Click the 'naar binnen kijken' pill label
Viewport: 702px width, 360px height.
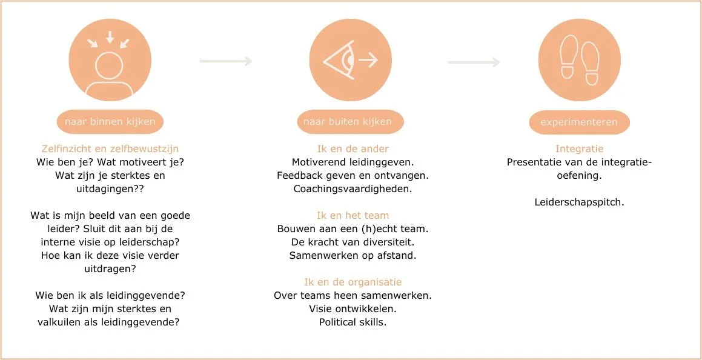[110, 122]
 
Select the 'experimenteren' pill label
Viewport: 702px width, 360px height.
[579, 122]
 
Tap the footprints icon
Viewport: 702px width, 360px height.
[580, 60]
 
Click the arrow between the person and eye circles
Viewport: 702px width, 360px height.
[225, 61]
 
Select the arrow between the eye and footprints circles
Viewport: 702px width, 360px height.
[474, 62]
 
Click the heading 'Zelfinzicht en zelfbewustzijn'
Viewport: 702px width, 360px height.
[110, 148]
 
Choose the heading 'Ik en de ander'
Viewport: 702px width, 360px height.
[353, 148]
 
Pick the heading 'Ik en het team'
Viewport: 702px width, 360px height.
[353, 215]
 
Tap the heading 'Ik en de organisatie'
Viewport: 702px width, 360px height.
[353, 282]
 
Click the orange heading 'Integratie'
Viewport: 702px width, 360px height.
[580, 148]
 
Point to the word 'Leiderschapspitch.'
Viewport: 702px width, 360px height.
[580, 202]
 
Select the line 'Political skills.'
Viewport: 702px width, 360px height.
[353, 322]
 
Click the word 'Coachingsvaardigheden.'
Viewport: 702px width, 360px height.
[353, 188]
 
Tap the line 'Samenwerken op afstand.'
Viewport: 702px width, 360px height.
[353, 255]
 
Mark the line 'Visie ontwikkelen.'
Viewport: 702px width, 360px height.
[353, 308]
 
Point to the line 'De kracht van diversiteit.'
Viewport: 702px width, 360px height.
[353, 242]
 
